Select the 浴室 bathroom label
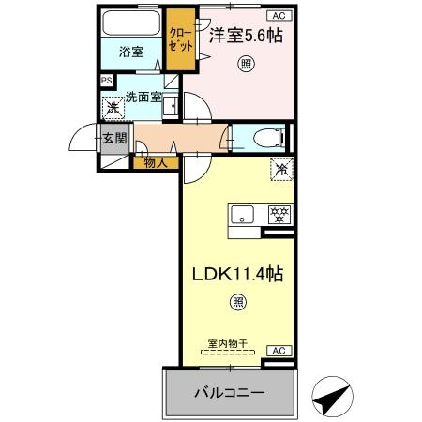[131, 52]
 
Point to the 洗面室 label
[144, 95]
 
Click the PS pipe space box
[105, 81]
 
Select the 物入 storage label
[155, 162]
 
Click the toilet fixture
[266, 139]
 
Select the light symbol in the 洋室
[244, 63]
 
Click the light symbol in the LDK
[238, 302]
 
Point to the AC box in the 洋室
[279, 15]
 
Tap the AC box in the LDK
[278, 350]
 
